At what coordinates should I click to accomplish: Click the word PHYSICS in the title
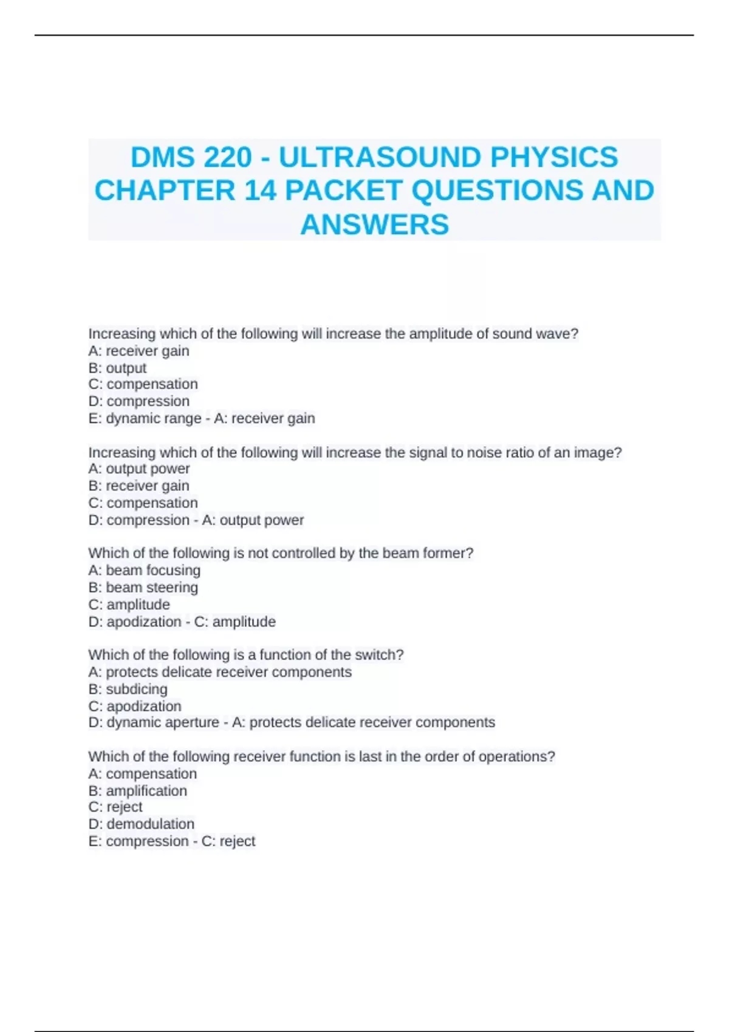554,157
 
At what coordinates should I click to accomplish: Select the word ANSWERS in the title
374,224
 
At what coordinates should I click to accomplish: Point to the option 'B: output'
117,368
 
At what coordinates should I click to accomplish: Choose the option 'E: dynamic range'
145,418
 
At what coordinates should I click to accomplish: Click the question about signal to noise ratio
355,452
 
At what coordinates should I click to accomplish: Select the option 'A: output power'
139,469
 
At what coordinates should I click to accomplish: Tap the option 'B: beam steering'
143,587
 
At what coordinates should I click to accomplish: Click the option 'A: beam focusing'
144,570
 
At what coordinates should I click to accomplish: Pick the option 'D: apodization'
135,622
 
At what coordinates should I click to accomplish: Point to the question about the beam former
281,553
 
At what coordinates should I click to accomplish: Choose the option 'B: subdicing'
128,689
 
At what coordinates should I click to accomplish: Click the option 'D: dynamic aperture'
154,722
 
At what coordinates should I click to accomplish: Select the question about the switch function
246,655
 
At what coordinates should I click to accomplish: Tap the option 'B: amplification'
137,790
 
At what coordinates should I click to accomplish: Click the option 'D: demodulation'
141,824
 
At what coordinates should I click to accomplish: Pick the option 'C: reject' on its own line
115,807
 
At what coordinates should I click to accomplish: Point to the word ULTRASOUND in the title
380,157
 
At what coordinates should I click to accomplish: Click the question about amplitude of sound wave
333,334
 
